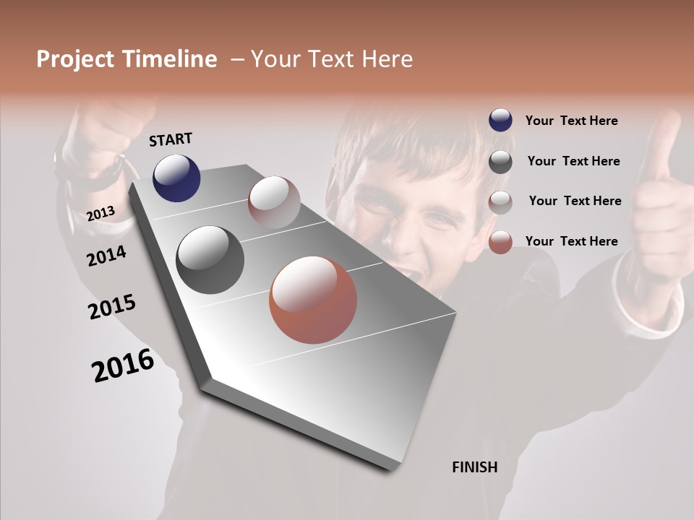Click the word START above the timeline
tap(171, 139)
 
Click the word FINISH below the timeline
tap(474, 467)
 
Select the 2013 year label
tap(100, 213)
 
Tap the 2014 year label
tap(106, 256)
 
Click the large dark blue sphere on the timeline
tap(176, 178)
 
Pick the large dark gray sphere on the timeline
tap(210, 260)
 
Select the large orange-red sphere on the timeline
tap(313, 300)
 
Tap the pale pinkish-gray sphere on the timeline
tap(274, 201)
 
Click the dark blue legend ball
tap(500, 121)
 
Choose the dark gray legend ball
tap(500, 161)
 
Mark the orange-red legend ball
tap(500, 242)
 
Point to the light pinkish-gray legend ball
tap(500, 201)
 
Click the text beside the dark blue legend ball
tap(571, 121)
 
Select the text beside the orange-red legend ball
tap(571, 241)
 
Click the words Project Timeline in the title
tap(127, 59)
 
